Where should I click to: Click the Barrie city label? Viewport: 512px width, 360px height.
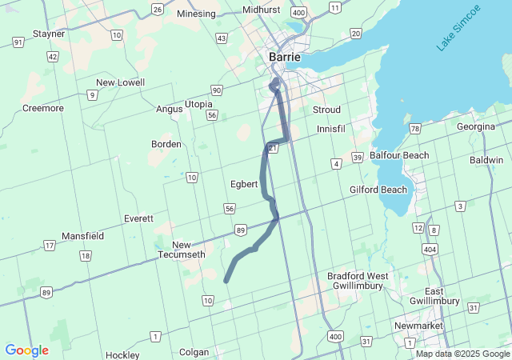284,58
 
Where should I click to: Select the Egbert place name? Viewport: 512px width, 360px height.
244,184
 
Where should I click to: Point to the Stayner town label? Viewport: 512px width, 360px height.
48,34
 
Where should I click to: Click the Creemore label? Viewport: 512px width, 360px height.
43,108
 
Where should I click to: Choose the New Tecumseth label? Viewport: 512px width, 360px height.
189,250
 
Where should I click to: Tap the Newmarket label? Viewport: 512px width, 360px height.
418,326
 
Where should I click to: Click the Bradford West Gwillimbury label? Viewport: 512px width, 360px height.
358,282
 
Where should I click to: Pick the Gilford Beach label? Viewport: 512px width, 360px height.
378,190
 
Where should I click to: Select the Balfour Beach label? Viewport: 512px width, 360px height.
399,155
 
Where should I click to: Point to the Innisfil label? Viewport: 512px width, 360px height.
330,129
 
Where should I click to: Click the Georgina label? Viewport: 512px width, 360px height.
476,126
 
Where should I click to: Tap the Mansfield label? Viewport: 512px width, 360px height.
83,236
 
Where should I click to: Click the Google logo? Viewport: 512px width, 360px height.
26,350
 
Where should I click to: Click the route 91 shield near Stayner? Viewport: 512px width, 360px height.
18,41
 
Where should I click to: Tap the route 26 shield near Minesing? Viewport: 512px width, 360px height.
158,10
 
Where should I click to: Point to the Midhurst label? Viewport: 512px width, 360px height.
261,9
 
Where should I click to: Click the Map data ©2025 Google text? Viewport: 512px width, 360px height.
462,354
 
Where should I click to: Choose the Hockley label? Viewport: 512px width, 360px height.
122,353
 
